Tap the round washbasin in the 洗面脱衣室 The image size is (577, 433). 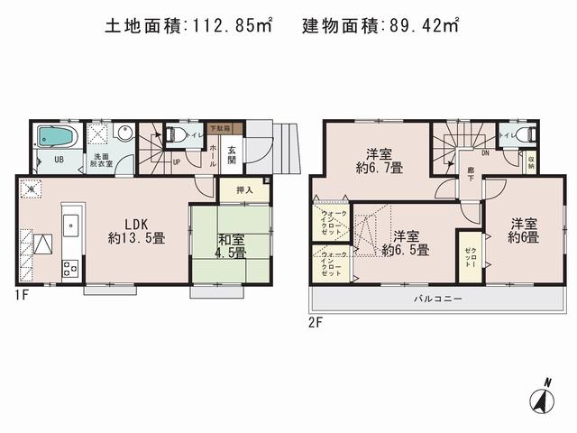tap(124, 135)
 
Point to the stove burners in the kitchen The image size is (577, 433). tap(68, 268)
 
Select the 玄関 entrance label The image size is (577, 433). tap(232, 154)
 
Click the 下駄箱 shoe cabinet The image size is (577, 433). tap(218, 128)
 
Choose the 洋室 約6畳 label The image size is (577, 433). tap(522, 231)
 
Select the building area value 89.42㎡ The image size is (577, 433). tap(414, 27)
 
